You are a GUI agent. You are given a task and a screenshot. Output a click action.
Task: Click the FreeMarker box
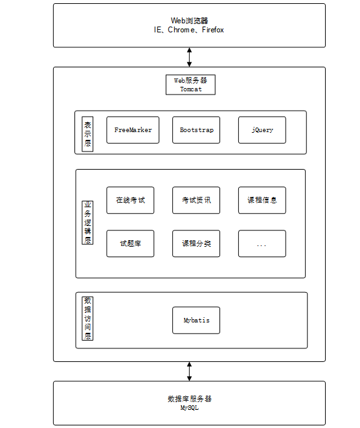(133, 130)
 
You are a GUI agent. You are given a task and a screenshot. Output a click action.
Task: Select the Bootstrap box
(196, 130)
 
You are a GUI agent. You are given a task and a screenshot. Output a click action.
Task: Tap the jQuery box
(262, 130)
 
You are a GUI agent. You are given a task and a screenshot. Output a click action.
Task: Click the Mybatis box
(196, 320)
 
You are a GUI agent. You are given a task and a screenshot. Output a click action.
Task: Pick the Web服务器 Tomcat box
(190, 85)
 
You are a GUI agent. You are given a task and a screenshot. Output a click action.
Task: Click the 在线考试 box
(130, 200)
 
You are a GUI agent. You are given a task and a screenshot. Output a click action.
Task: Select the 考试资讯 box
(196, 200)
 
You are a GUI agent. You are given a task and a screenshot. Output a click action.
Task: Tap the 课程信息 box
(262, 200)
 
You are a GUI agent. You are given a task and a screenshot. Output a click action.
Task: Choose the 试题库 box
(130, 243)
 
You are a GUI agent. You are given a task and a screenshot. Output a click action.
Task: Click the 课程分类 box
(196, 243)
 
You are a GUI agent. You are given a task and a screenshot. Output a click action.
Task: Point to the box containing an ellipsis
(262, 243)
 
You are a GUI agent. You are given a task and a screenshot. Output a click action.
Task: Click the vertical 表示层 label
(87, 134)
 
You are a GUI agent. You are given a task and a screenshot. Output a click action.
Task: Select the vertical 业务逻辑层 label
(87, 223)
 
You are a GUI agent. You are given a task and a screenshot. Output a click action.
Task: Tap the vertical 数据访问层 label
(87, 319)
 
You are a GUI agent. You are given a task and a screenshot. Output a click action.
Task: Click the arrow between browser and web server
(189, 57)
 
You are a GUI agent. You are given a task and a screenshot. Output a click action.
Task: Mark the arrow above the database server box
(189, 371)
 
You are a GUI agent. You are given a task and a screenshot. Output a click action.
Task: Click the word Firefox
(213, 30)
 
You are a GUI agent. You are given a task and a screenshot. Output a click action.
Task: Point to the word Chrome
(181, 30)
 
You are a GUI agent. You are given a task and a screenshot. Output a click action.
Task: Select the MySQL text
(190, 407)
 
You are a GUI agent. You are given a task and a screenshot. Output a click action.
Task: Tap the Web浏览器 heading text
(190, 21)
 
